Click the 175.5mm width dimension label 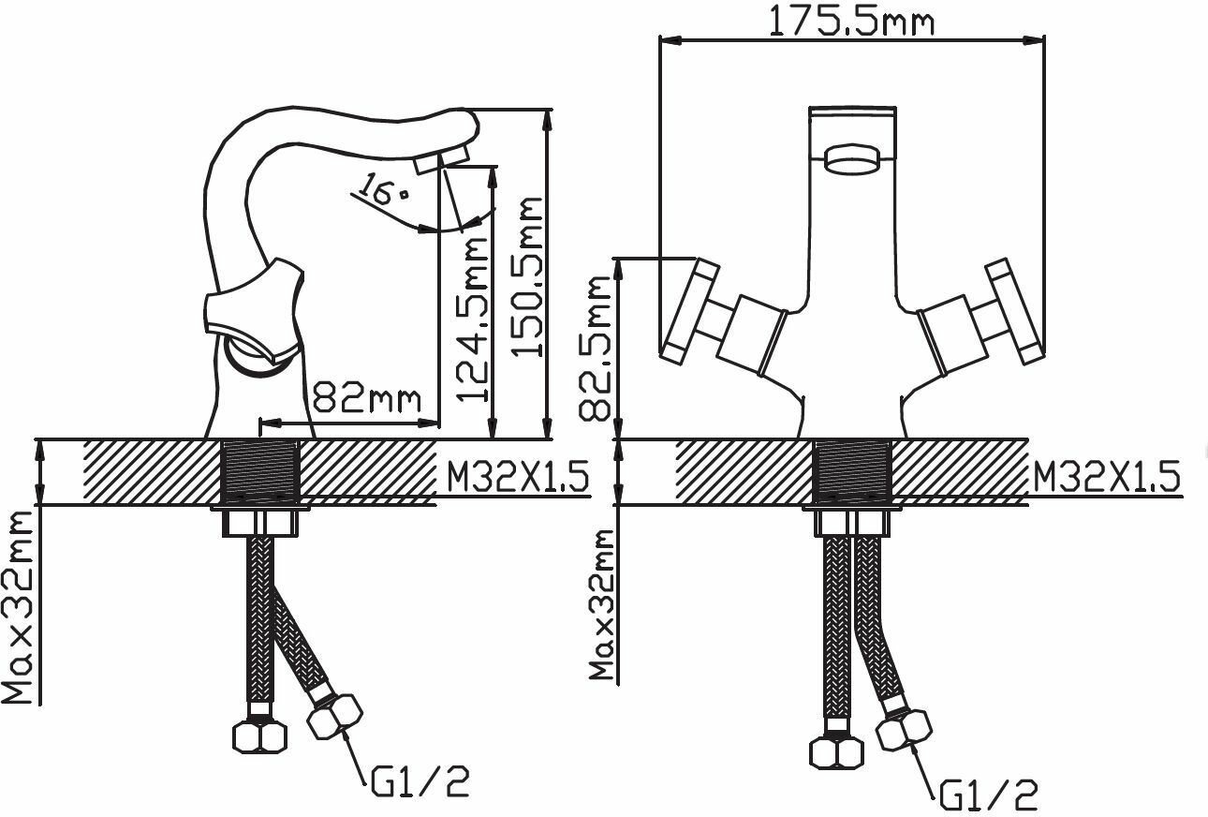point(850,21)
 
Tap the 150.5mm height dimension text point(526,276)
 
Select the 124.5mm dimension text point(472,319)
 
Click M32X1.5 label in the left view point(518,477)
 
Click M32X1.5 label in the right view point(1107,477)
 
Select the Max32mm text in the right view point(602,604)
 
